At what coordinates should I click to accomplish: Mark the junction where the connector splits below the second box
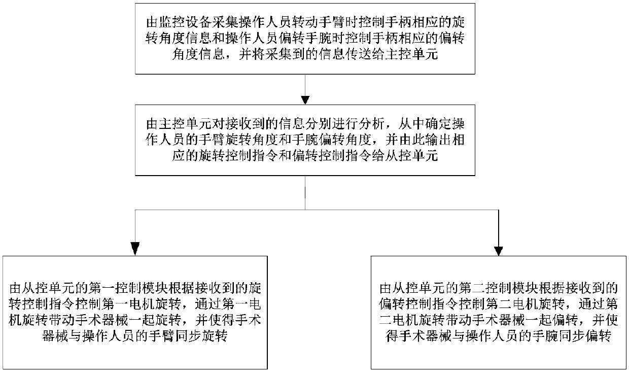304,209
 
